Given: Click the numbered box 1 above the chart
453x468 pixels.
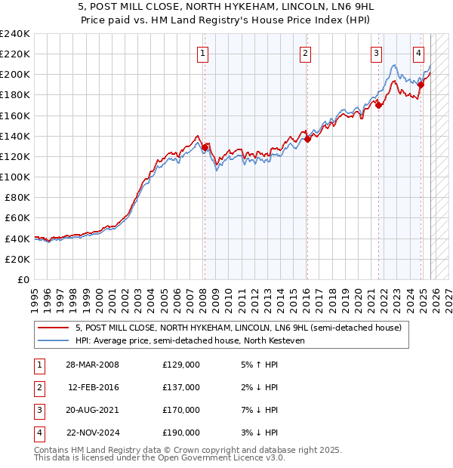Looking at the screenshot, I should click(x=204, y=53).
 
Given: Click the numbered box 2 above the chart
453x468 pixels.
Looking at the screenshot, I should click(x=305, y=53).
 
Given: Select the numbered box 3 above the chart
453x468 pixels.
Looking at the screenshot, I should click(x=376, y=53).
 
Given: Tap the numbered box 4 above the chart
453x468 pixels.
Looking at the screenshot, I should click(x=418, y=53).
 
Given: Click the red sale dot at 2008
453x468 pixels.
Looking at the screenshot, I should click(x=205, y=147).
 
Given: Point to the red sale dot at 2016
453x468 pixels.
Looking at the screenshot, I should click(x=307, y=139).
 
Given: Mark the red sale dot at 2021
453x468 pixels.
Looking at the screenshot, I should click(x=378, y=106).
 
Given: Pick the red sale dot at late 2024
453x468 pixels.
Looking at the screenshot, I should click(x=421, y=85).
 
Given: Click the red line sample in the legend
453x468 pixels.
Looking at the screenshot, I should click(x=54, y=328).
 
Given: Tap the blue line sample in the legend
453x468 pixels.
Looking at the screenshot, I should click(x=54, y=340).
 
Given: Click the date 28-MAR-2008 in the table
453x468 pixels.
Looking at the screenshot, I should click(x=92, y=365).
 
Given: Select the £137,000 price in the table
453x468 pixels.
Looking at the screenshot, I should click(x=181, y=387).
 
